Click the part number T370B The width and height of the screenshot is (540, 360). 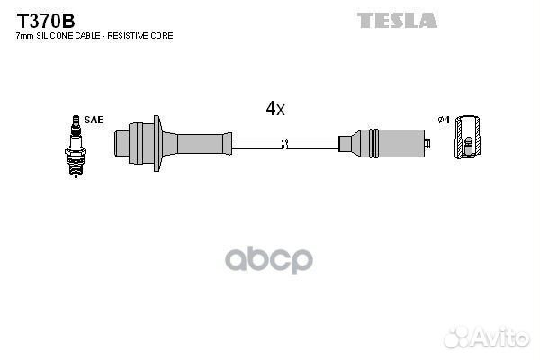46,21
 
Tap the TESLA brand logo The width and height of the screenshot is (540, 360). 397,21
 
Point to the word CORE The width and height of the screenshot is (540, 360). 163,36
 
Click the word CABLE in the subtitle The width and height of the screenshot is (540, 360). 88,36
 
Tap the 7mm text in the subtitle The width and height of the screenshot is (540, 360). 25,36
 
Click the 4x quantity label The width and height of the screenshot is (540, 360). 275,108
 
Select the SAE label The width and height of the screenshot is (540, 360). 94,120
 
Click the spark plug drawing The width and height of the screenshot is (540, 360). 76,147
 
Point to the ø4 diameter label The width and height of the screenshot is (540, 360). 444,120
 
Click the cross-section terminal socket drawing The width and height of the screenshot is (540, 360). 467,137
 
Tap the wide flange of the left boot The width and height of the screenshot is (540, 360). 157,143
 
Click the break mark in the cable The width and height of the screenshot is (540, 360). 284,144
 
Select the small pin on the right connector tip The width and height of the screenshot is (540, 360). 427,143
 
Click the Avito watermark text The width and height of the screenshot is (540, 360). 501,337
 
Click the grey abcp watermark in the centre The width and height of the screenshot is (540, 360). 269,259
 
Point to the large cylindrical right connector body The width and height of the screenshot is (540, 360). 400,144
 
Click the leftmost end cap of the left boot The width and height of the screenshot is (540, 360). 121,144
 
